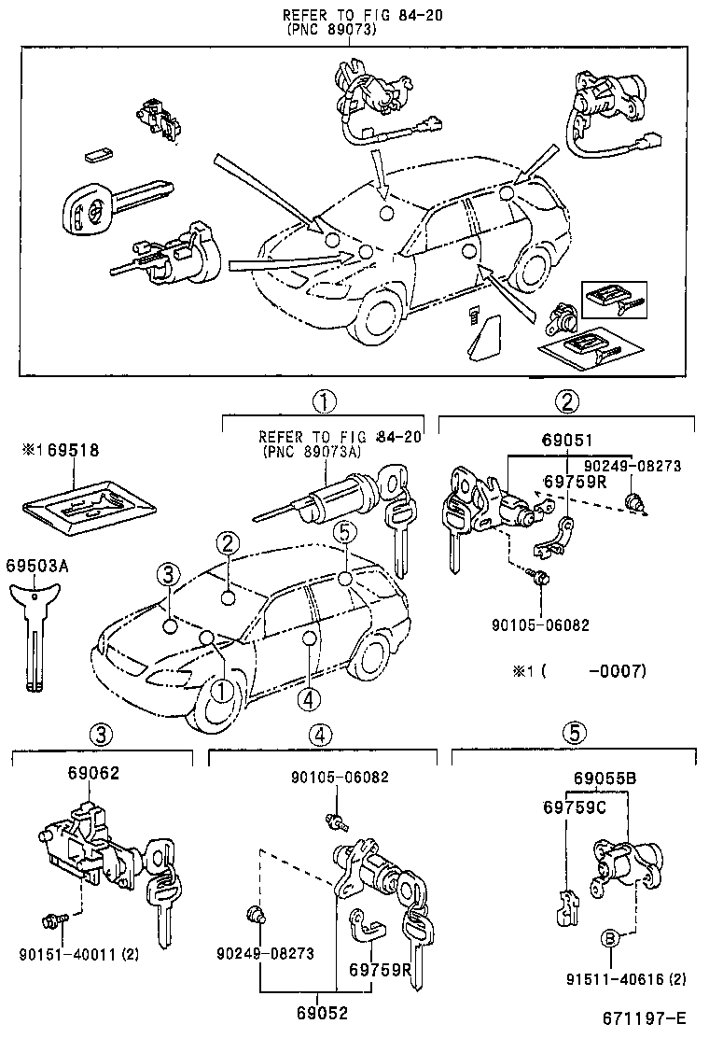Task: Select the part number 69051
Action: point(567,442)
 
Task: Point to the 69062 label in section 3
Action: point(93,773)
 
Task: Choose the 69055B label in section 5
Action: point(605,778)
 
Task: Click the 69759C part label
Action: point(571,806)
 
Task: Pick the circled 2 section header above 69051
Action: point(567,402)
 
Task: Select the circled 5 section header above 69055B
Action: point(575,734)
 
